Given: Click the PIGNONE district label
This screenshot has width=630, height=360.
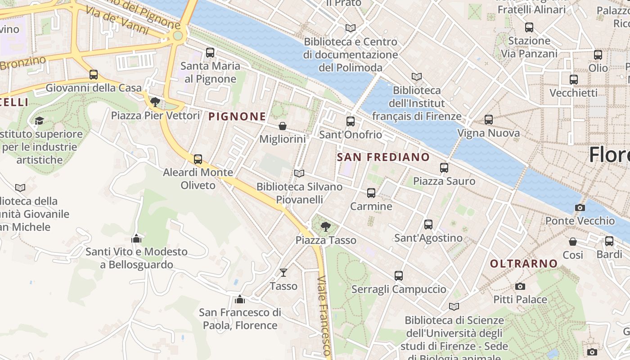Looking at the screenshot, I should [x=237, y=117].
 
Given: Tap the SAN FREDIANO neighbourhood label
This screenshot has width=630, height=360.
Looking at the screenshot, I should [x=383, y=157].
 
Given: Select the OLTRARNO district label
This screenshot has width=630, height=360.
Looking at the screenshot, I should [x=523, y=264].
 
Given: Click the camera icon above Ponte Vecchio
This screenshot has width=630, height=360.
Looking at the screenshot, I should [x=580, y=207].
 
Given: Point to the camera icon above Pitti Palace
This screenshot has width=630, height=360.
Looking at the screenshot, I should [x=520, y=286].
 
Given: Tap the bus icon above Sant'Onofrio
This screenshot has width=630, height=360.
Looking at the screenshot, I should [x=350, y=121].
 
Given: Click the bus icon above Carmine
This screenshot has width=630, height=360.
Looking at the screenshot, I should [x=371, y=193].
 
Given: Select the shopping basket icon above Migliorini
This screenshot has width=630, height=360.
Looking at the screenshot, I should [x=282, y=126].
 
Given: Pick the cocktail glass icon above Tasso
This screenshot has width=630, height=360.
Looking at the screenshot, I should [x=283, y=273].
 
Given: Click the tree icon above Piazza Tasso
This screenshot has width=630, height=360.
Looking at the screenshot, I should [x=325, y=227].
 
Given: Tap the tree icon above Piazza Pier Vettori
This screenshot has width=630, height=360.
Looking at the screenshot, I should [x=155, y=102].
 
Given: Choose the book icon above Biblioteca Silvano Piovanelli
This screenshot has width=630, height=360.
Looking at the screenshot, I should [x=299, y=173].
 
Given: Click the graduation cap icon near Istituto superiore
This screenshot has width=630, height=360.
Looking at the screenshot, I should [x=39, y=121].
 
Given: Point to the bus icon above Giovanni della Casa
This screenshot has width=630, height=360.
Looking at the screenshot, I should [x=93, y=75].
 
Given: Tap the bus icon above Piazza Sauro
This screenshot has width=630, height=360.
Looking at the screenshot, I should [x=444, y=168].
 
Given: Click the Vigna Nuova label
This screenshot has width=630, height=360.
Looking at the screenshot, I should [x=488, y=133].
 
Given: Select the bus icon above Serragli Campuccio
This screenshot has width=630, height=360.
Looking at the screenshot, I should [x=398, y=276].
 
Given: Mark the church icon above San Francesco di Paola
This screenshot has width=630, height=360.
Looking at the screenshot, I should [x=239, y=299].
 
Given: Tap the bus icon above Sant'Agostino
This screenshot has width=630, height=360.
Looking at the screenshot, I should [x=428, y=224].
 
